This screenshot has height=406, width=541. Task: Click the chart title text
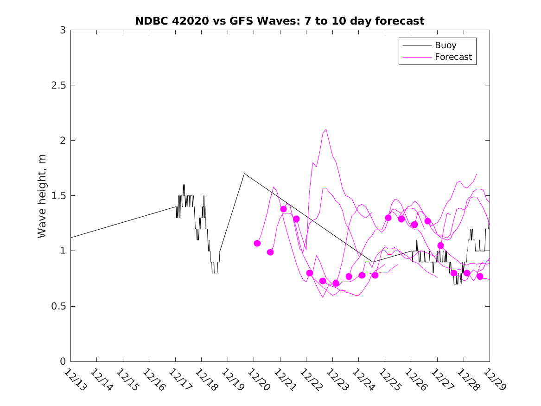pos(280,21)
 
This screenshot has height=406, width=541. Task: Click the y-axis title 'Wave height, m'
pos(42,196)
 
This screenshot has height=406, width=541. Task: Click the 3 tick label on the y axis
pos(62,30)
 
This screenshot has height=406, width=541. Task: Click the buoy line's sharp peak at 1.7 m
pos(244,174)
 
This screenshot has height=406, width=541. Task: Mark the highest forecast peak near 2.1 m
pos(326,129)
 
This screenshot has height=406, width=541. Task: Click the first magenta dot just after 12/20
pos(257,243)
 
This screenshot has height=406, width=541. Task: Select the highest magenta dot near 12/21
pos(283,209)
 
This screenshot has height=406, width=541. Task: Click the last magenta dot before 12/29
pos(480,277)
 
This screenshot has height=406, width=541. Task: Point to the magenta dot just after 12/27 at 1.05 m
pos(440,245)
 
